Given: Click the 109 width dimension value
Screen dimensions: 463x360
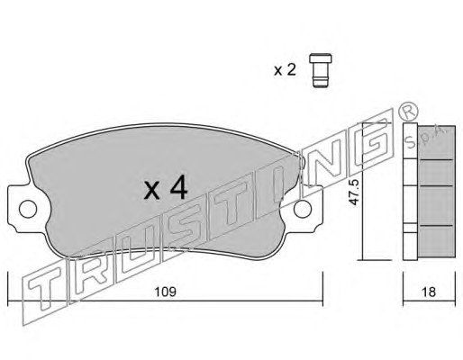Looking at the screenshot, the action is click(165, 292).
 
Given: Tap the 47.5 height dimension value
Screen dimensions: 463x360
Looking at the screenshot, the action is click(355, 193).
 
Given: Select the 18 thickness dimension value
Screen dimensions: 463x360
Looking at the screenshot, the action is click(429, 292).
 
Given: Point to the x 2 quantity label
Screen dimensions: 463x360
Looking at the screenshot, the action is click(285, 70).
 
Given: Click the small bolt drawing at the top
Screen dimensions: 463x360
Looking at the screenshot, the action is click(321, 70).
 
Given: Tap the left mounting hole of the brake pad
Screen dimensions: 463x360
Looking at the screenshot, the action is click(28, 208).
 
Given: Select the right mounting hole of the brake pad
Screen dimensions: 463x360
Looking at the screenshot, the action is click(303, 209).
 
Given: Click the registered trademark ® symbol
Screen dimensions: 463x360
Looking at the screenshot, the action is click(408, 112).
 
